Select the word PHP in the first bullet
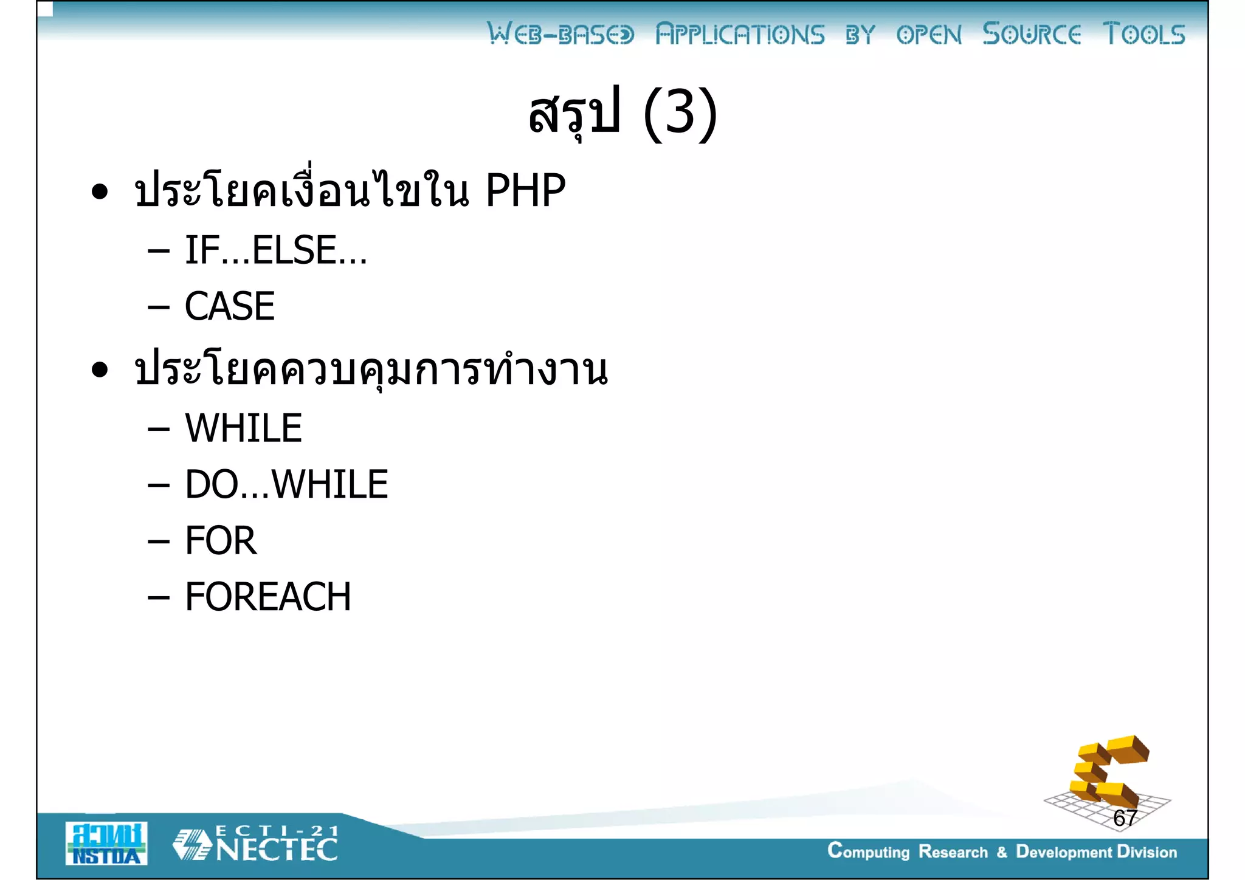(x=525, y=191)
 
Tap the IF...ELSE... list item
(x=275, y=250)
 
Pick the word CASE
(x=230, y=306)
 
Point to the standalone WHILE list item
(x=243, y=428)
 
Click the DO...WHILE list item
(x=286, y=484)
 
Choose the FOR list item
(x=221, y=540)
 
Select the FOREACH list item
(x=268, y=597)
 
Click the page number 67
(x=1125, y=818)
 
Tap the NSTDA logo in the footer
(x=106, y=844)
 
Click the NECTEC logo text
(x=277, y=850)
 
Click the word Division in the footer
(x=1147, y=852)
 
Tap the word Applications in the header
(x=740, y=35)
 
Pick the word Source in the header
(x=1032, y=34)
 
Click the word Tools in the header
(x=1143, y=34)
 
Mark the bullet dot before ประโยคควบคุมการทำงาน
(x=100, y=370)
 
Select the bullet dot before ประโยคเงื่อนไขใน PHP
(x=100, y=192)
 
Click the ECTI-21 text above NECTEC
(x=277, y=830)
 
